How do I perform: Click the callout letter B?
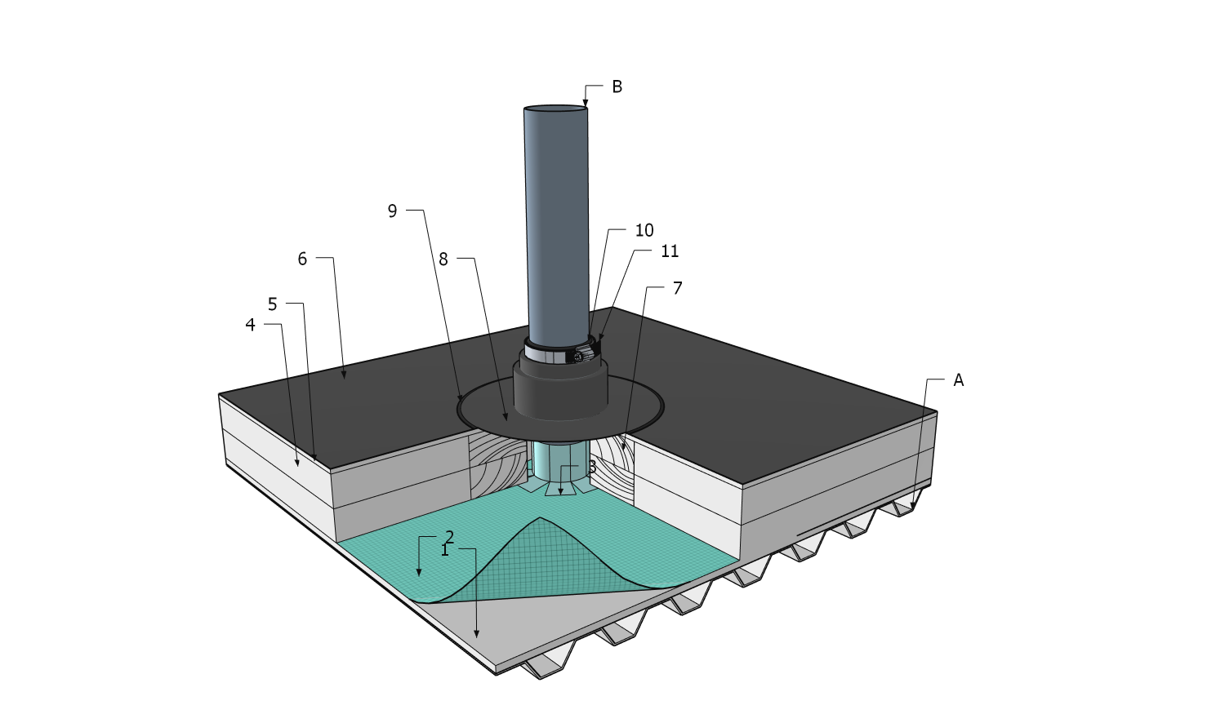click(x=617, y=86)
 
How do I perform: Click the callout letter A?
click(x=958, y=380)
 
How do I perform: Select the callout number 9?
click(x=392, y=211)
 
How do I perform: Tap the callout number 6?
click(x=302, y=259)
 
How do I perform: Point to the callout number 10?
click(x=644, y=230)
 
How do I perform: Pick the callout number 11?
click(x=670, y=251)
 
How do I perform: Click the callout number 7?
click(x=677, y=288)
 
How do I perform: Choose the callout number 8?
click(x=443, y=259)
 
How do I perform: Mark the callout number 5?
click(x=273, y=304)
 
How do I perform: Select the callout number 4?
click(x=251, y=325)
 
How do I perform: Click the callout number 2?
click(x=449, y=536)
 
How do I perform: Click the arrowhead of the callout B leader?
click(x=586, y=104)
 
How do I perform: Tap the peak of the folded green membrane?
click(x=539, y=519)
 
